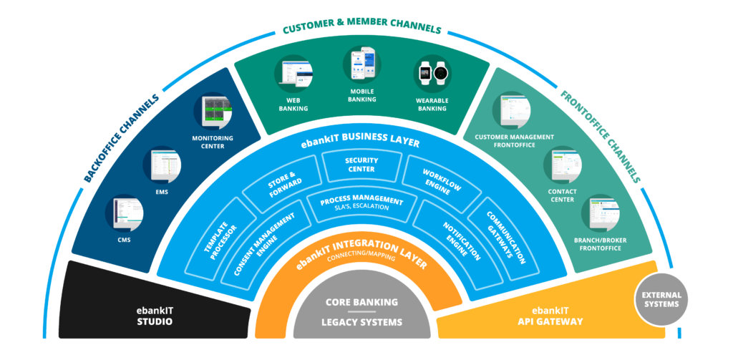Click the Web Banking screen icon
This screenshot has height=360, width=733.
click(x=293, y=72)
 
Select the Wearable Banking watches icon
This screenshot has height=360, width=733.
click(x=433, y=72)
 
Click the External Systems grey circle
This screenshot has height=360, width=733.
click(x=661, y=298)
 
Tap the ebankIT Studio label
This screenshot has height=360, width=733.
click(x=155, y=316)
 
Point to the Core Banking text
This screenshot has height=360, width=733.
click(x=361, y=302)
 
